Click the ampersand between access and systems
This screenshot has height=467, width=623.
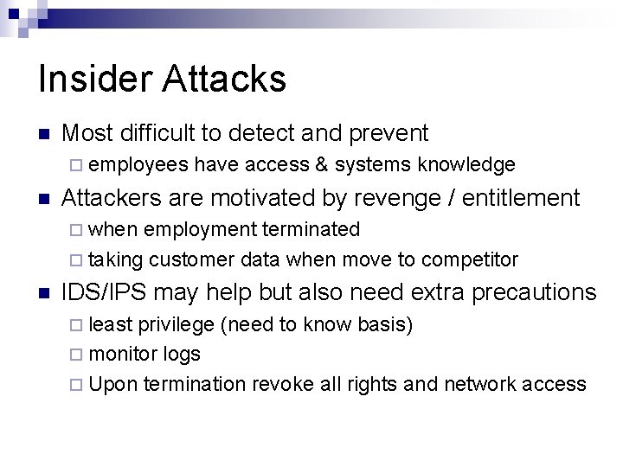[322, 164]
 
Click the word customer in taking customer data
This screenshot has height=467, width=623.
[192, 259]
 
